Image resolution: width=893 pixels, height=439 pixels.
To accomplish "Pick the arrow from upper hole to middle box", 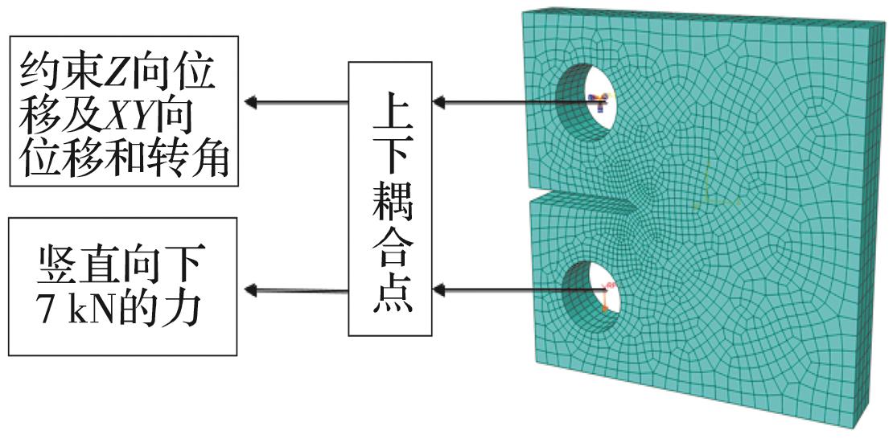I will click(x=515, y=102).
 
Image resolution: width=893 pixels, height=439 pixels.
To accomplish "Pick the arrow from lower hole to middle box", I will click(x=515, y=288).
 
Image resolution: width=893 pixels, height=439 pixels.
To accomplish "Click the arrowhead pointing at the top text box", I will click(x=252, y=102).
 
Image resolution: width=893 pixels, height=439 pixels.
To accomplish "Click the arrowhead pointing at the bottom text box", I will click(x=252, y=289).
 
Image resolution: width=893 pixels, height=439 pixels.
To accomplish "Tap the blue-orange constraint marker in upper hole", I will click(x=599, y=100).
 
